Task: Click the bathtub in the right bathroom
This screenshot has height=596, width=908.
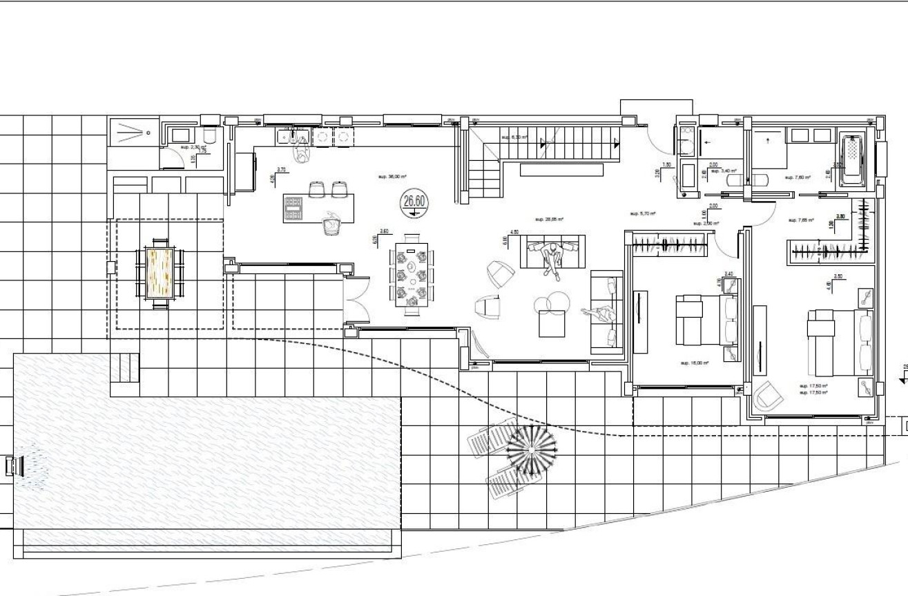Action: click(855, 160)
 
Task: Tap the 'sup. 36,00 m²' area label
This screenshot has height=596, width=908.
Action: click(390, 177)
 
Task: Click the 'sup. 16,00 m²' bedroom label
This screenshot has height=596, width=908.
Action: click(695, 363)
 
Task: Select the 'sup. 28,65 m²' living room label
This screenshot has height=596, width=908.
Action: click(550, 220)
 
